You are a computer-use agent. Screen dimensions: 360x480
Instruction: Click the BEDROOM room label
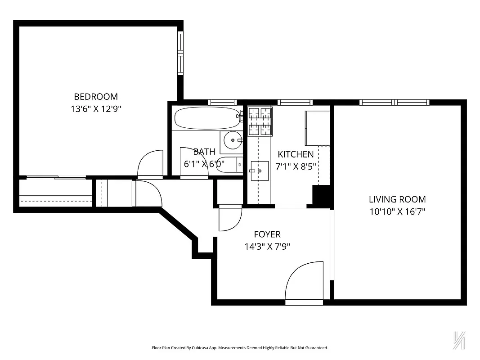tap(96, 96)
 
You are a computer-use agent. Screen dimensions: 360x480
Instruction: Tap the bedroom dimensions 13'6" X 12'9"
tap(96, 108)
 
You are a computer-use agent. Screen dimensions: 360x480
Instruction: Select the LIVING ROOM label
tap(397, 199)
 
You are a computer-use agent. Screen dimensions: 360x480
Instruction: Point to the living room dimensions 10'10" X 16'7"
tap(397, 211)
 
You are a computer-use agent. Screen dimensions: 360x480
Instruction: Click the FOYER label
tap(267, 234)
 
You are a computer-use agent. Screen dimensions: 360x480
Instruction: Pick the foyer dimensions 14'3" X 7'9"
tap(267, 246)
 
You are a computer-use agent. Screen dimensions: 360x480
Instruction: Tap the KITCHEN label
tap(296, 154)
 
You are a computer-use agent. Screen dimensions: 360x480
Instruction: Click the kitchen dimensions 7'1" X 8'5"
tap(296, 166)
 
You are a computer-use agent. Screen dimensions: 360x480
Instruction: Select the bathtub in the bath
tap(206, 118)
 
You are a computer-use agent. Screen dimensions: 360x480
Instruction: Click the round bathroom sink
tap(233, 141)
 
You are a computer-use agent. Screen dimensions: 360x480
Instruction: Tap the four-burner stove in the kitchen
tap(260, 121)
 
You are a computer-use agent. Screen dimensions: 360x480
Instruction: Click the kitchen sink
tap(259, 171)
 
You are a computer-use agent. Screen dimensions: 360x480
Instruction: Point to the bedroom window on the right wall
tap(180, 54)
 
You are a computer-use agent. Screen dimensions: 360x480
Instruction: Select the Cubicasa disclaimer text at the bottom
tap(240, 348)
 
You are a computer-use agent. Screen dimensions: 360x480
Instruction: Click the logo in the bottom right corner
tap(458, 341)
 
